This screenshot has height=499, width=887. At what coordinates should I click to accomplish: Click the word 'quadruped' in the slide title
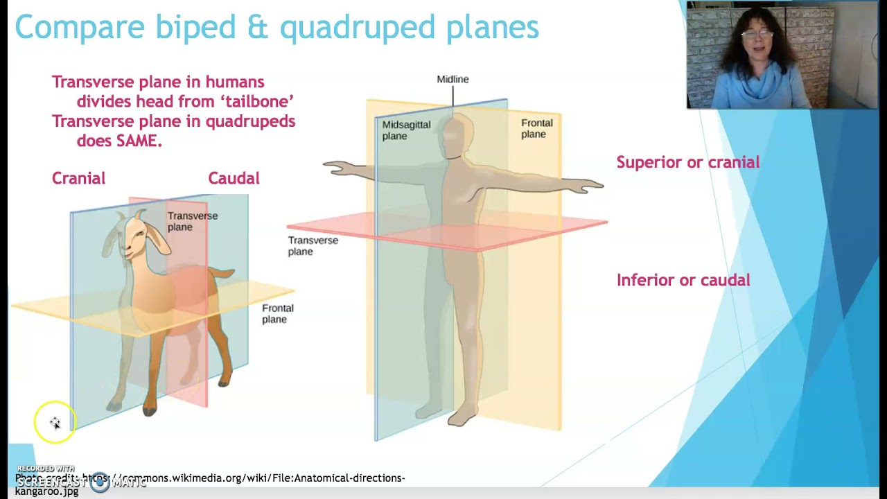click(358, 28)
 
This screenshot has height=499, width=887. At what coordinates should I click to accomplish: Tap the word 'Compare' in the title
click(80, 28)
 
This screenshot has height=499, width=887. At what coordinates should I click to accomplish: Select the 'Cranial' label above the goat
click(78, 178)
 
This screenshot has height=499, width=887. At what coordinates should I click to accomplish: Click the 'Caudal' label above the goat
click(234, 178)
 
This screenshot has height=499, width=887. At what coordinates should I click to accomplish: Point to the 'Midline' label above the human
click(453, 79)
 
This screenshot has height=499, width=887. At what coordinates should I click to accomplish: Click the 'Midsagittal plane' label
click(406, 130)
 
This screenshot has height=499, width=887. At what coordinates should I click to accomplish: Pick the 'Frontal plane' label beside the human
click(536, 128)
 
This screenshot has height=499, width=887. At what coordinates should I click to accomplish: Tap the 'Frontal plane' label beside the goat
click(277, 313)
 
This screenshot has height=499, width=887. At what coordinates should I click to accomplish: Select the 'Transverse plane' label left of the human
click(313, 245)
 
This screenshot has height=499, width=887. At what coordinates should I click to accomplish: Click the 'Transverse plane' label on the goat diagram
click(192, 221)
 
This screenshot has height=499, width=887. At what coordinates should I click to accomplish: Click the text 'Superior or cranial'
click(687, 162)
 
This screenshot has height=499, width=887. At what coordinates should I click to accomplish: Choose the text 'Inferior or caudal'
click(683, 280)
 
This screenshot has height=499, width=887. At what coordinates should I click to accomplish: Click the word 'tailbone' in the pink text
click(256, 101)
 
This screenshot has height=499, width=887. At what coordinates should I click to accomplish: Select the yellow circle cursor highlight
click(55, 422)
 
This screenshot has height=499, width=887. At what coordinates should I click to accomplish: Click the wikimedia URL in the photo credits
click(243, 478)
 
